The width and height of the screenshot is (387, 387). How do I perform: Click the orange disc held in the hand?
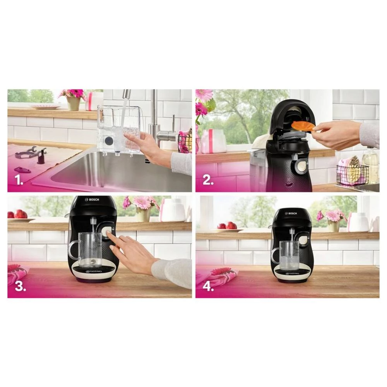coord(303,126)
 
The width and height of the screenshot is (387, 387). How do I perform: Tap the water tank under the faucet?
coord(118,130)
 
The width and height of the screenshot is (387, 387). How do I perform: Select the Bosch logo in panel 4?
coord(291,213)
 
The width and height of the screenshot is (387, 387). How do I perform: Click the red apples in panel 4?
coord(227,226)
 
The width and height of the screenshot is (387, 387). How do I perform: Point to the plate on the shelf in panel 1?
coord(46,106)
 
